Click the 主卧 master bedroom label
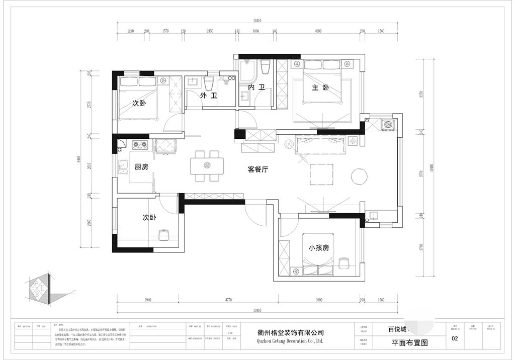pos(320,88)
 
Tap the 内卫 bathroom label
pos(256,87)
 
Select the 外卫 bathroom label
pos(208,96)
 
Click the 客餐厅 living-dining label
pos(257,170)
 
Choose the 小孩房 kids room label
pos(319,248)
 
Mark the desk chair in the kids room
pos(344,263)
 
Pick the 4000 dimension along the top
pos(318,31)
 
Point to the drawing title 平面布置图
pos(409,343)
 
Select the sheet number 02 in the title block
pos(455,339)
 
